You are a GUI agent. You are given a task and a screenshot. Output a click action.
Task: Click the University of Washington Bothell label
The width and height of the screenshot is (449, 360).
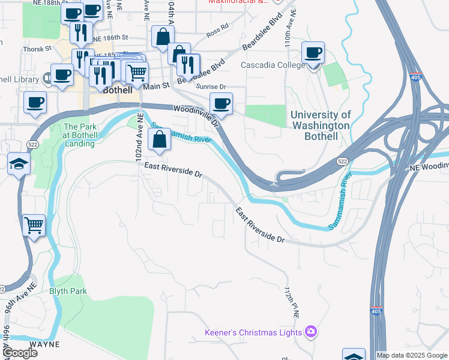[x=320, y=125]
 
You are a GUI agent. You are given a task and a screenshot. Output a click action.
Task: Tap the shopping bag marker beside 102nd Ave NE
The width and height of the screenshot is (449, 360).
[x=159, y=141]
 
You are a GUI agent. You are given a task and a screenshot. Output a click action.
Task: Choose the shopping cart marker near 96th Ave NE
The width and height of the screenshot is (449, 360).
[x=34, y=226]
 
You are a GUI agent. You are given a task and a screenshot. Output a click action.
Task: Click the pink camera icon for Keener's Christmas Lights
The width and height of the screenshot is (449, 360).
[x=311, y=331]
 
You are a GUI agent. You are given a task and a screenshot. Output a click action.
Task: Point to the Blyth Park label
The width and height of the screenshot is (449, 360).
[x=68, y=292]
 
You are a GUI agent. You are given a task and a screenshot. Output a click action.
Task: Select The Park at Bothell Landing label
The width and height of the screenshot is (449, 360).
[x=79, y=135]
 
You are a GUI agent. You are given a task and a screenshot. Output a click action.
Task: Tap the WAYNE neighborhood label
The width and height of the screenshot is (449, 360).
[x=44, y=344]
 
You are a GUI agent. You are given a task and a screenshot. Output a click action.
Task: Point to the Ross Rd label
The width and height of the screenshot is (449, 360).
[x=217, y=27]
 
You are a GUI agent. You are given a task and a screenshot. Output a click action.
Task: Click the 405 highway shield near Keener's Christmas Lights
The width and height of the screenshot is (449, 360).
[x=375, y=311]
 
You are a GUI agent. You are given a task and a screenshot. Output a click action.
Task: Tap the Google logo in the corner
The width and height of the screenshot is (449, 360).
[x=19, y=353]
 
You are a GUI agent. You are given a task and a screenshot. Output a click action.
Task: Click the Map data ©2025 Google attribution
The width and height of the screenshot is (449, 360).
[x=411, y=355]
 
